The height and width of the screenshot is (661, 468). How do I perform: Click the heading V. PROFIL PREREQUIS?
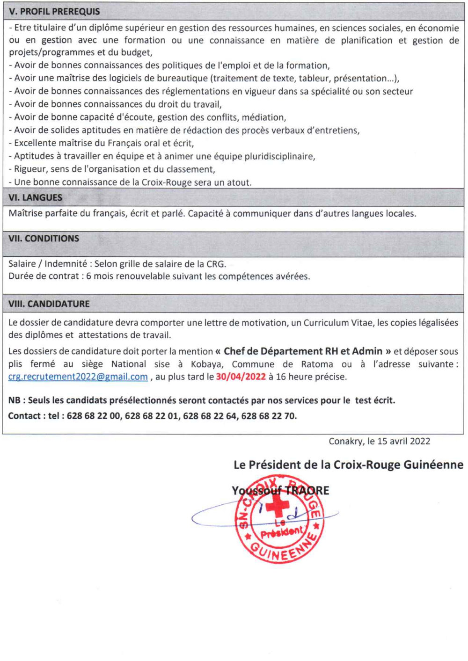(x=54, y=11)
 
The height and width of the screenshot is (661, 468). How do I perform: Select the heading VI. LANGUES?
(x=35, y=197)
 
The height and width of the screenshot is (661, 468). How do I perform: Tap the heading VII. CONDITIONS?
(x=44, y=239)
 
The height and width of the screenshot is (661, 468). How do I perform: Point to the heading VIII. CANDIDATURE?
(x=49, y=304)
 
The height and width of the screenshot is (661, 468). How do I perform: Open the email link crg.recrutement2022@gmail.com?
(x=78, y=377)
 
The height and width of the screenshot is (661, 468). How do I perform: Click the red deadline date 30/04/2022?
(x=241, y=377)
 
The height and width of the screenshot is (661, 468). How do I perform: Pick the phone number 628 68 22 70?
(x=269, y=416)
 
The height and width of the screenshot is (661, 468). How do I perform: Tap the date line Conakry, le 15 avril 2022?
(x=379, y=441)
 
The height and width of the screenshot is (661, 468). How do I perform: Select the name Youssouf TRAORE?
(x=280, y=490)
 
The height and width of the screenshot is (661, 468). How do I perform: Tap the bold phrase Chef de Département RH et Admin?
(x=303, y=351)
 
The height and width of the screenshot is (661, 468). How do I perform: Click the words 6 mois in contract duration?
(x=99, y=276)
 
